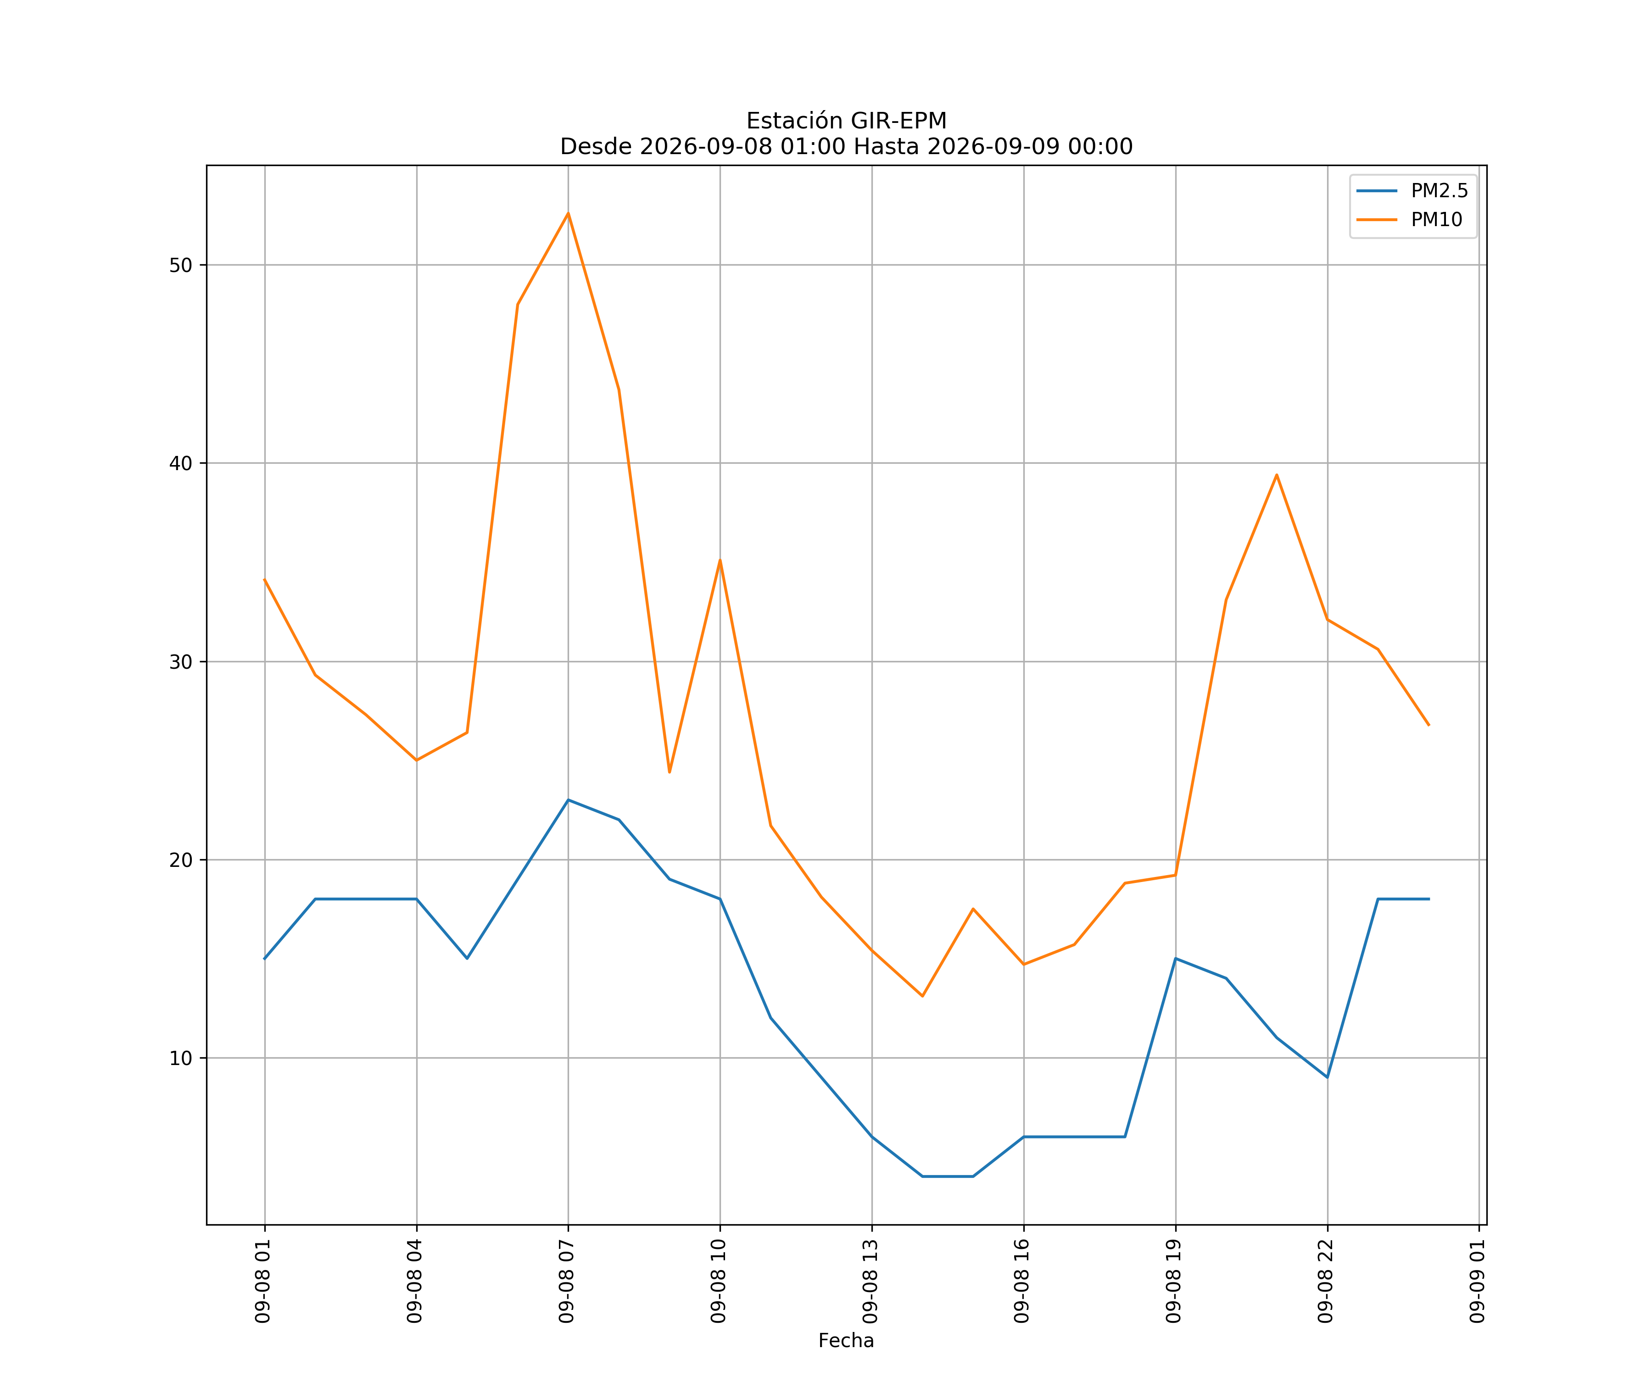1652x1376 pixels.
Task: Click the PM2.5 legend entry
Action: pos(1412,191)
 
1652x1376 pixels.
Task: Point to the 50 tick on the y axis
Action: pos(181,265)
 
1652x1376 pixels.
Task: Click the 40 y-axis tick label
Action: pos(181,463)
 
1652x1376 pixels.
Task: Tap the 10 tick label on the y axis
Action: pos(181,1058)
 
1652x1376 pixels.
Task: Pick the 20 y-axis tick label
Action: pos(181,860)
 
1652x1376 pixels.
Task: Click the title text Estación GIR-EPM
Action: pos(847,121)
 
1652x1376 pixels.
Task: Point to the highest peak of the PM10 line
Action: pos(568,213)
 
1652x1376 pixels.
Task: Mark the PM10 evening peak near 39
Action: pos(1277,475)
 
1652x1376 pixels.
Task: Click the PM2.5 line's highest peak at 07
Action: pos(568,800)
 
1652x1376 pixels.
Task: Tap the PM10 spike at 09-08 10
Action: pos(720,560)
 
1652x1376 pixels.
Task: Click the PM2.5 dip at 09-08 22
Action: pos(1327,1077)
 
